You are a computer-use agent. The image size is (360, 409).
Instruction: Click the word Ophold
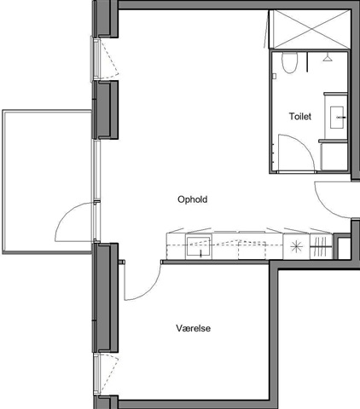pyautogui.click(x=193, y=199)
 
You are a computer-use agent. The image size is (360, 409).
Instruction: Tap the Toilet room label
pyautogui.click(x=300, y=117)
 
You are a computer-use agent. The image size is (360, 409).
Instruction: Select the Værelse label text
pyautogui.click(x=194, y=328)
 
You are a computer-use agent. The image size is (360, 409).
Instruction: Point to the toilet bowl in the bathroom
pyautogui.click(x=289, y=62)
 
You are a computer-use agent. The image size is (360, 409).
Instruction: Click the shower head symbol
pyautogui.click(x=328, y=58)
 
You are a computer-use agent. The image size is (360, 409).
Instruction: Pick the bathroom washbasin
pyautogui.click(x=337, y=118)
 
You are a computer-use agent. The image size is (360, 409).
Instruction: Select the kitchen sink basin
pyautogui.click(x=199, y=246)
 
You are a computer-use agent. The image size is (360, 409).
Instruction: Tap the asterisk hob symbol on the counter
pyautogui.click(x=297, y=246)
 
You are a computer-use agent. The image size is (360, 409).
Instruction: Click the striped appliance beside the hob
pyautogui.click(x=321, y=246)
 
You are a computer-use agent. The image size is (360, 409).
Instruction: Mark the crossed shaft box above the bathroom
pyautogui.click(x=309, y=29)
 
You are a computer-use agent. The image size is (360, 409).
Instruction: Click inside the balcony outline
pyautogui.click(x=47, y=181)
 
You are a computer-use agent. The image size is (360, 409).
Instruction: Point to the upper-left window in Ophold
pyautogui.click(x=96, y=59)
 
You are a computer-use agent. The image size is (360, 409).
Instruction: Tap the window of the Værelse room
pyautogui.click(x=96, y=374)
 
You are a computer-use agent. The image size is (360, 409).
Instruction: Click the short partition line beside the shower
pyautogui.click(x=307, y=61)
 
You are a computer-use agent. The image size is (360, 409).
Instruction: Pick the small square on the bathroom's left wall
pyautogui.click(x=274, y=76)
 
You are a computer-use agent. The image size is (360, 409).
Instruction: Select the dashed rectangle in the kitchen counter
pyautogui.click(x=252, y=250)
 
